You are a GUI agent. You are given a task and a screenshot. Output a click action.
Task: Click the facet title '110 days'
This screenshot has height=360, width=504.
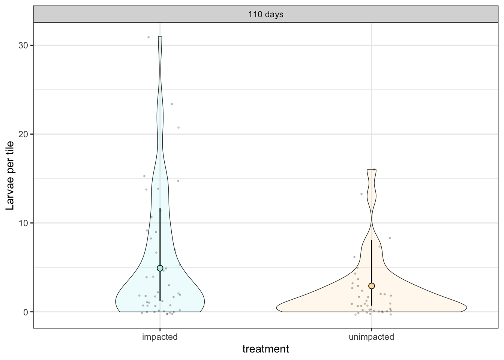point(265,15)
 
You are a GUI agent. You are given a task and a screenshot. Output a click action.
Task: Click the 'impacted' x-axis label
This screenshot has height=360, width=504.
point(160,337)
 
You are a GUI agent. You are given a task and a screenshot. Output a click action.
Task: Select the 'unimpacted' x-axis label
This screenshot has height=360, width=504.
point(371,337)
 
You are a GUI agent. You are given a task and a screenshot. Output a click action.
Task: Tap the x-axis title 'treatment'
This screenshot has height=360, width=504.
point(265,349)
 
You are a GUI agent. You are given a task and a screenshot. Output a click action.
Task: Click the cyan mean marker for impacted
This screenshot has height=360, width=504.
point(160,268)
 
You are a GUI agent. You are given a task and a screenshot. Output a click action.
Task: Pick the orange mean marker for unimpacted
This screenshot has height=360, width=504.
point(372,286)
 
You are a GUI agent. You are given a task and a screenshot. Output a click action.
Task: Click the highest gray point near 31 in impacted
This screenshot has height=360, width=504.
point(148,37)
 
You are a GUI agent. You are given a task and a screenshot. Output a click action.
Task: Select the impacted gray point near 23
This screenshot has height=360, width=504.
point(172,104)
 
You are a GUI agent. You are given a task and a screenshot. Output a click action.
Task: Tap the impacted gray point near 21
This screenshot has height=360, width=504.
point(178,127)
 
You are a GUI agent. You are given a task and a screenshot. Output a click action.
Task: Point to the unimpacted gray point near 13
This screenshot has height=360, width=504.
point(361,194)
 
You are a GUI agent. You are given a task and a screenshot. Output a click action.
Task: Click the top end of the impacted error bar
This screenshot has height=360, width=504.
point(160,208)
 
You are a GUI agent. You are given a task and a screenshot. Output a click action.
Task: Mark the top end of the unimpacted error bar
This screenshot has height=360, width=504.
point(372,240)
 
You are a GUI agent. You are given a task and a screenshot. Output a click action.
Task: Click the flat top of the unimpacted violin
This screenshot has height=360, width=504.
point(372,170)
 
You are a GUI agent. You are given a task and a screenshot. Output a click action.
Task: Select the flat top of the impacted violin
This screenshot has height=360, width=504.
point(160,37)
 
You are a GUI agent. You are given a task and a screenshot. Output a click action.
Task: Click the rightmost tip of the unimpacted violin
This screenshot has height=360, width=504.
point(466,308)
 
